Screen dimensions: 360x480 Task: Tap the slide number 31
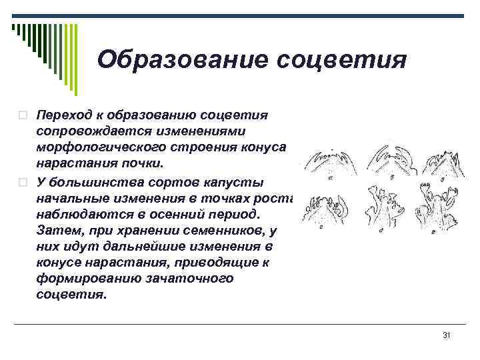click(447, 335)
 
